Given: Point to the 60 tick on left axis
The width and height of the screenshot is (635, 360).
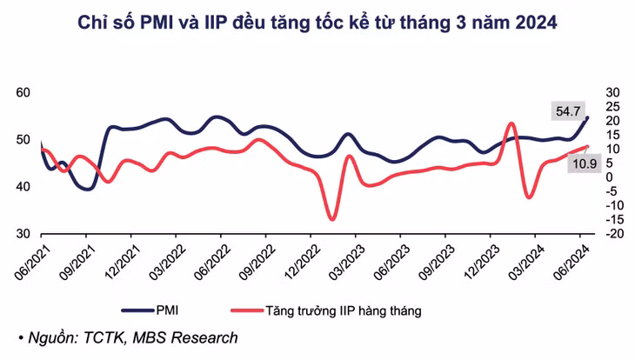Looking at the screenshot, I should coord(23,92).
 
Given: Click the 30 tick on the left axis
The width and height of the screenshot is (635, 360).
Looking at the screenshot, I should coord(23,234).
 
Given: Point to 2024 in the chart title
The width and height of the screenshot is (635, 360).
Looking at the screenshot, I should coord(532,25).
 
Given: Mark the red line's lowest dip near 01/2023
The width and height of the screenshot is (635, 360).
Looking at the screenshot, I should coord(331,218).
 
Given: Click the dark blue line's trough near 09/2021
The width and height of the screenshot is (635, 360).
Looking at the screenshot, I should coord(87,189).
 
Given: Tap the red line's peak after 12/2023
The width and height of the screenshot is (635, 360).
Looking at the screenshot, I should coord(511,123).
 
